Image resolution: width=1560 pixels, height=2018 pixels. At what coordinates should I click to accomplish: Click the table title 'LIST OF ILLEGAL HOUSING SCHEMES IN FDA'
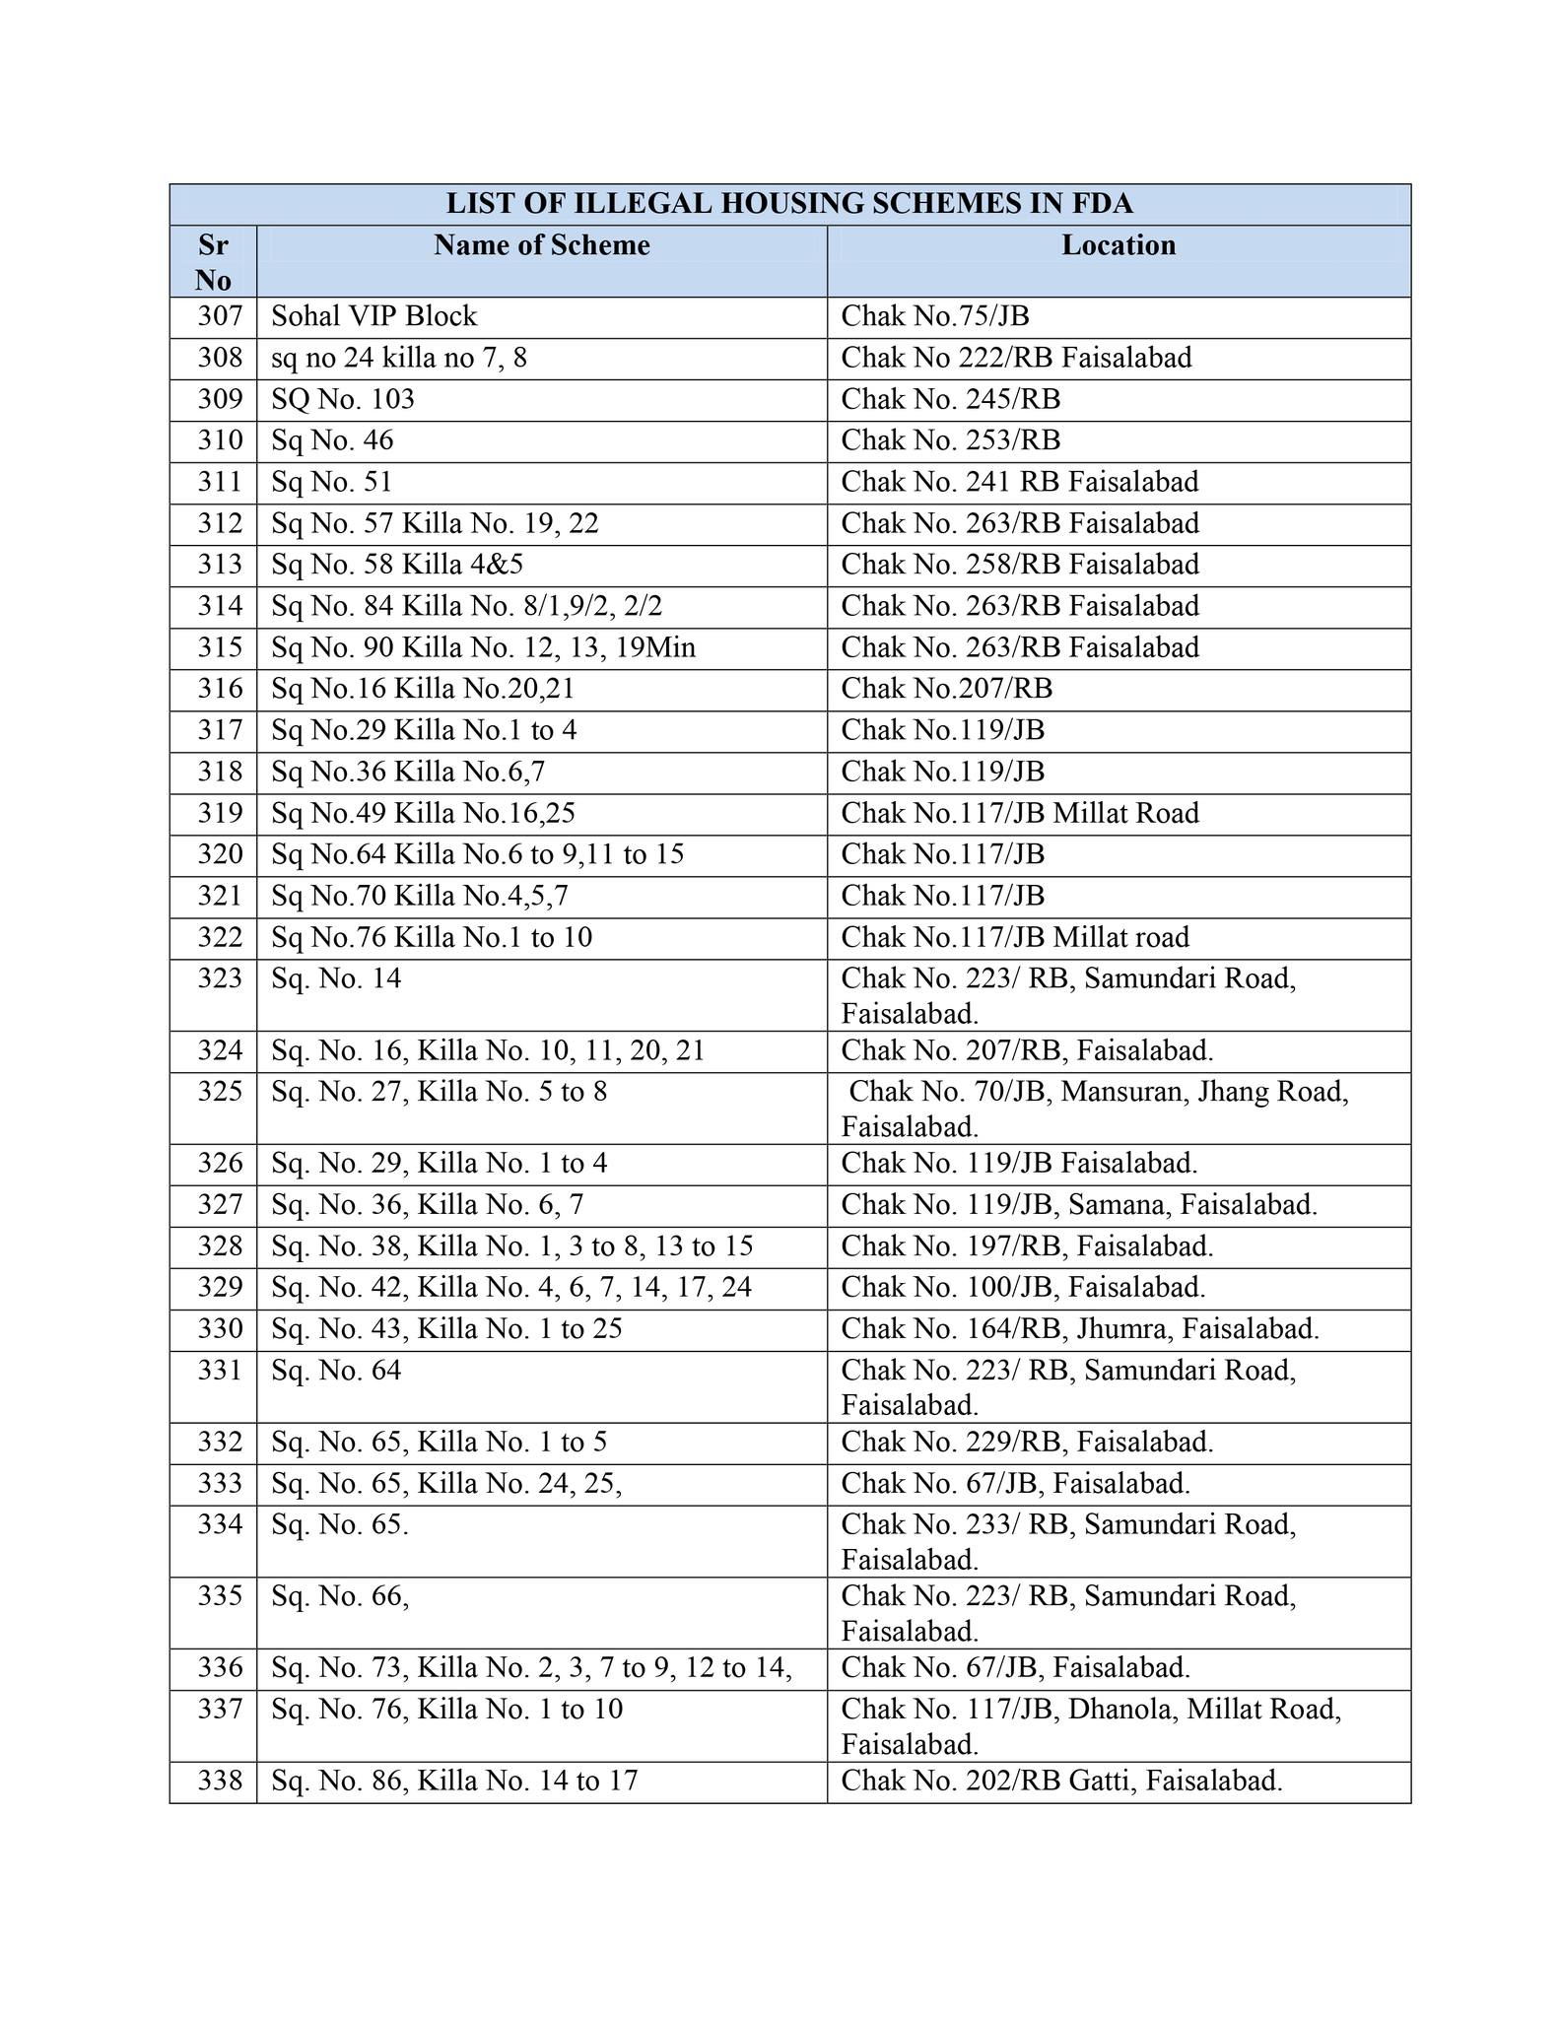[x=788, y=204]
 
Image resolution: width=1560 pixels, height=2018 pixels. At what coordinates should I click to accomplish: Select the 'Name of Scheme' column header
[x=541, y=245]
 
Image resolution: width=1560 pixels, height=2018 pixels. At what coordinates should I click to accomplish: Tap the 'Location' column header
[x=1118, y=245]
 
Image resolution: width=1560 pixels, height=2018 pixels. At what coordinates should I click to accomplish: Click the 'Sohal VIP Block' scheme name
[x=373, y=316]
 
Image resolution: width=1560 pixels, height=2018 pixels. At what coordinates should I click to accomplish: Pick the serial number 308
[x=219, y=358]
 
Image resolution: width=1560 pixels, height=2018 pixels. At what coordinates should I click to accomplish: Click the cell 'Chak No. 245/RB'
[x=950, y=399]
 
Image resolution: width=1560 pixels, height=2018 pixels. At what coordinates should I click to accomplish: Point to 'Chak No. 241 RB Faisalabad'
[x=1019, y=482]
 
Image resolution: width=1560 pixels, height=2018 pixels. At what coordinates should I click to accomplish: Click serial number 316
[x=219, y=689]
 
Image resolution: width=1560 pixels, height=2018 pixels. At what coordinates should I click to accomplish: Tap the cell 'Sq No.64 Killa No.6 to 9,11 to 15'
[x=477, y=854]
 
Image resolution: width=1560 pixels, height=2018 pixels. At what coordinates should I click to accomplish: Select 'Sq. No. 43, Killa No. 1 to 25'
[x=446, y=1329]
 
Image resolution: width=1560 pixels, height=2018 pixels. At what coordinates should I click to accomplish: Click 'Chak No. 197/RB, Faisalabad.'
[x=1026, y=1246]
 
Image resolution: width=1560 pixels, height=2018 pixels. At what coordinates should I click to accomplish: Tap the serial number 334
[x=219, y=1524]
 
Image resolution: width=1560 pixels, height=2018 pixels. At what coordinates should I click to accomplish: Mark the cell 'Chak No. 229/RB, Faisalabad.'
[x=1026, y=1443]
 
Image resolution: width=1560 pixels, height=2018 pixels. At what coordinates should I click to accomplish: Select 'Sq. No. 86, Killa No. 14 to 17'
[x=454, y=1781]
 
